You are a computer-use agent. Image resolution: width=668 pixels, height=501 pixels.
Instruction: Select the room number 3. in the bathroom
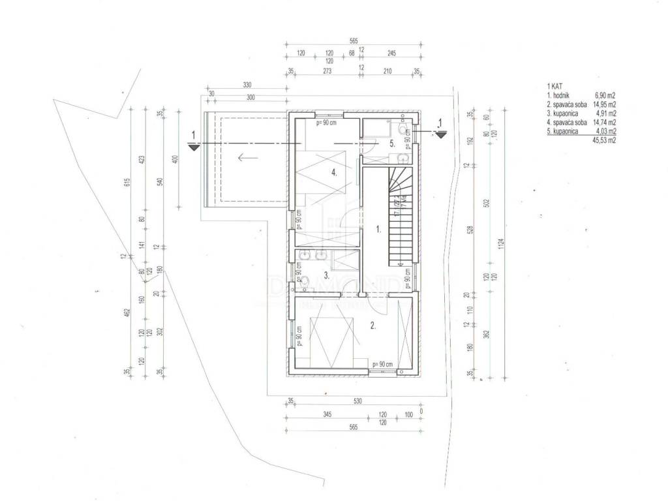(324, 275)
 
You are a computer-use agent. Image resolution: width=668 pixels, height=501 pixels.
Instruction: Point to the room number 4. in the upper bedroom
(333, 173)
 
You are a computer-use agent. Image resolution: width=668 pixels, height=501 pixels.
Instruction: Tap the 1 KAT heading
(554, 85)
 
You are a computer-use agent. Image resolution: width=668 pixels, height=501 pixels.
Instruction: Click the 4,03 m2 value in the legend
(606, 131)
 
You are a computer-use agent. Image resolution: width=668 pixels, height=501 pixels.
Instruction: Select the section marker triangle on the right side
(441, 134)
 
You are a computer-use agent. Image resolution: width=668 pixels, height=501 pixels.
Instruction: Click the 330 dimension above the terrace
(247, 85)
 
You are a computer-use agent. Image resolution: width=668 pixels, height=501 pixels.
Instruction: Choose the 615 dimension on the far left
(129, 187)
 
